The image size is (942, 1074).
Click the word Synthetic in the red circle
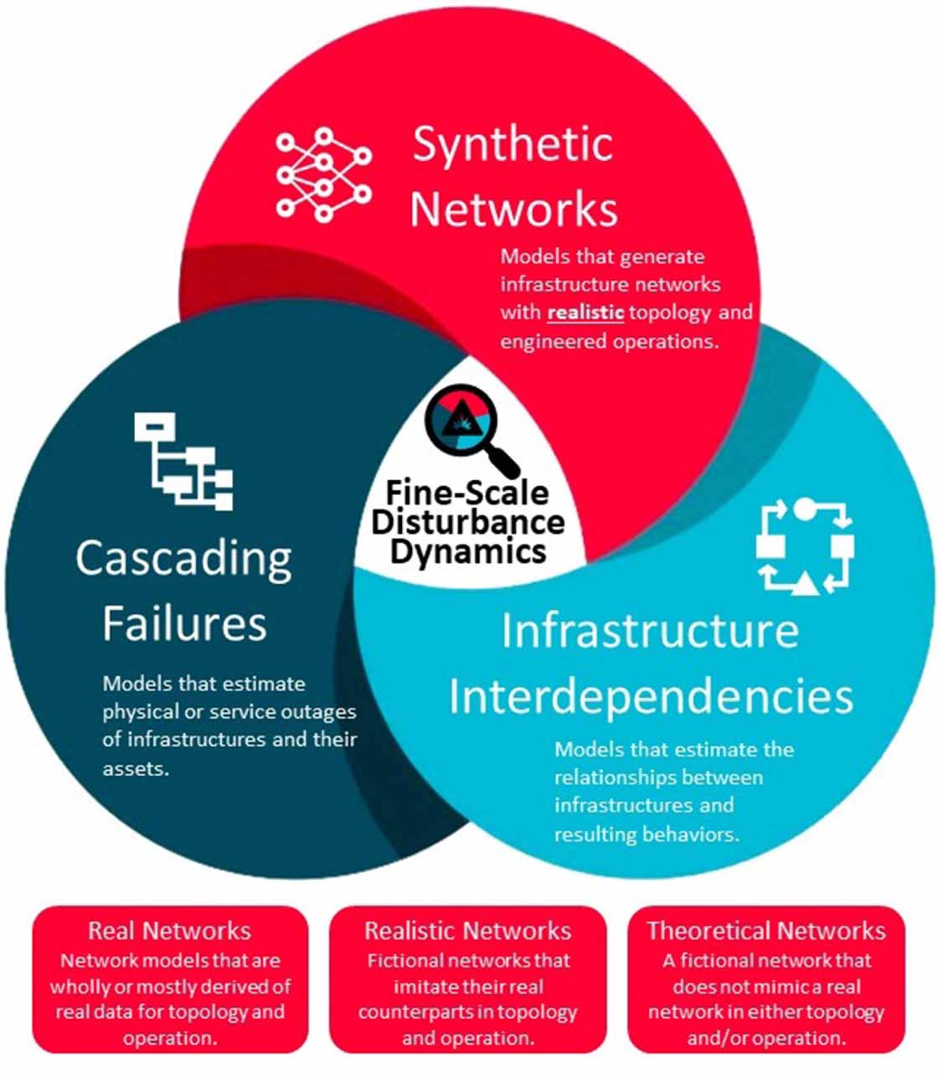click(x=512, y=144)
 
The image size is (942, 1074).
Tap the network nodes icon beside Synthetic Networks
click(x=323, y=176)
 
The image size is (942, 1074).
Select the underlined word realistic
click(x=585, y=312)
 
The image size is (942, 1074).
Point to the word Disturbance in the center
click(x=468, y=522)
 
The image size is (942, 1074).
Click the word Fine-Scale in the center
click(x=468, y=493)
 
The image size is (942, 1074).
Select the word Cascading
click(x=184, y=559)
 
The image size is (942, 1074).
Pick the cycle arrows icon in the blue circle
click(x=804, y=546)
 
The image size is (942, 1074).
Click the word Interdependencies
click(x=651, y=696)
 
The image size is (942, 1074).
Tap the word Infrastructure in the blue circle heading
click(x=651, y=630)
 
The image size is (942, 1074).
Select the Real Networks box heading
click(x=170, y=931)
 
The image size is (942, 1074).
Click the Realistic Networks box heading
click(x=468, y=931)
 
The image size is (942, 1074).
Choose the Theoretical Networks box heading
click(x=766, y=931)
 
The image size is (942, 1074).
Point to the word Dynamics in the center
click(x=468, y=551)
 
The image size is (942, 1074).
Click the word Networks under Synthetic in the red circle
click(x=513, y=209)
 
